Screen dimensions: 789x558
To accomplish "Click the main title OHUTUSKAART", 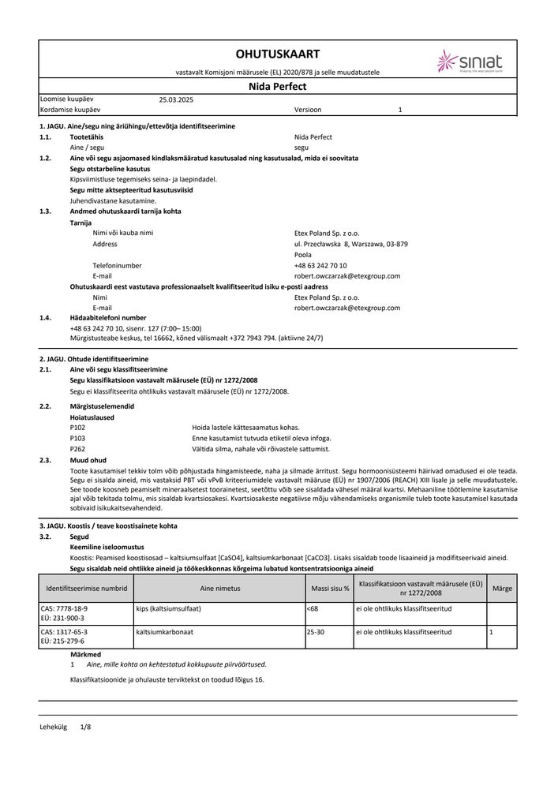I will point(277,54).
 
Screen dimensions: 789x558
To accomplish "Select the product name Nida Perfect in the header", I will point(278,86).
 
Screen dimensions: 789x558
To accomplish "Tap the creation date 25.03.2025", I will point(176,100).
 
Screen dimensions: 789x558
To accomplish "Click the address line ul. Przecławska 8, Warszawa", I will point(350,245).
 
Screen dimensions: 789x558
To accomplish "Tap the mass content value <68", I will point(313,610).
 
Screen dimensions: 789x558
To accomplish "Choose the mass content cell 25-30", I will point(315,632).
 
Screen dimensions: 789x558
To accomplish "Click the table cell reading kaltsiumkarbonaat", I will point(165,632).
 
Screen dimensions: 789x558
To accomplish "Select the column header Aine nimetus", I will point(219,589).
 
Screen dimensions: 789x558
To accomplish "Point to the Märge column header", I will point(502,589).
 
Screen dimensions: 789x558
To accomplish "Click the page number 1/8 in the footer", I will point(86,725).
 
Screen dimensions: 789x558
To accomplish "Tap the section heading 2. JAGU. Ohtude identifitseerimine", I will point(94,359).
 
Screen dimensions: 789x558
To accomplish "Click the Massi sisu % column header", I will point(330,589).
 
